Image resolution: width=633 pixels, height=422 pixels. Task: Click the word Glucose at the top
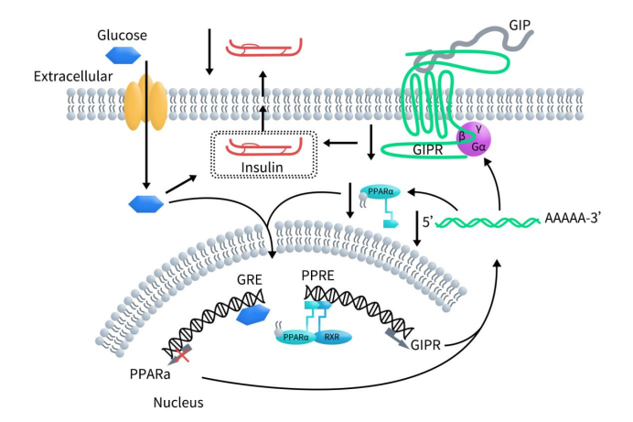coord(122,36)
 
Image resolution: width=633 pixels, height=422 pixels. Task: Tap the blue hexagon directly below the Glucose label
coord(121,55)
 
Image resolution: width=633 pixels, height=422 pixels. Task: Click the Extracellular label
coord(72,76)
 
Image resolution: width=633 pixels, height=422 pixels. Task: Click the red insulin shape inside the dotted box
coord(265,146)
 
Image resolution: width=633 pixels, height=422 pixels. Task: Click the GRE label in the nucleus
coord(251,283)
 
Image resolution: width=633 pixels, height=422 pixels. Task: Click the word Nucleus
coord(178,402)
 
